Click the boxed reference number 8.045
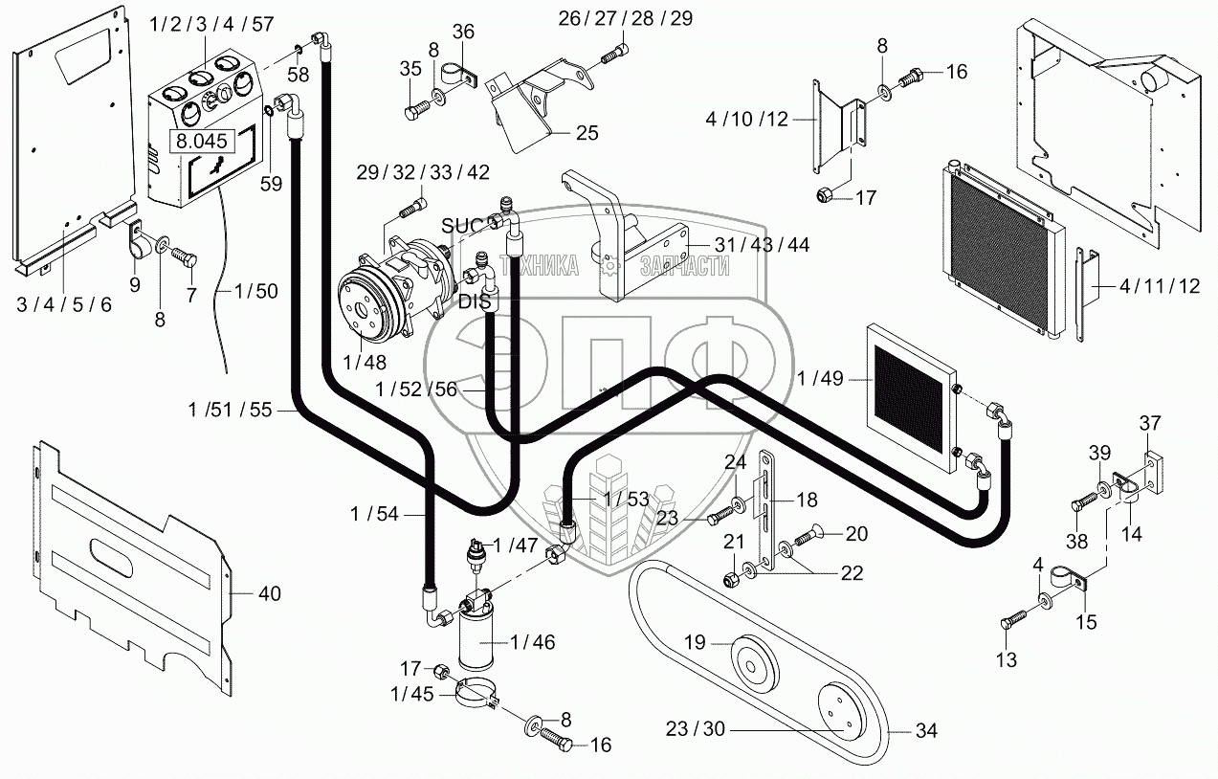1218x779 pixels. pyautogui.click(x=202, y=142)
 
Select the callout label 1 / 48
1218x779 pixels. pyautogui.click(x=365, y=363)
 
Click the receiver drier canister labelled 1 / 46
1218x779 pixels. pyautogui.click(x=476, y=639)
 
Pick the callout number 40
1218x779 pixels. pyautogui.click(x=270, y=593)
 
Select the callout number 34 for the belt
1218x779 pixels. pyautogui.click(x=926, y=730)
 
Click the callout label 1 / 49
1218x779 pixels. pyautogui.click(x=821, y=378)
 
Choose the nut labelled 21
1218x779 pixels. pyautogui.click(x=732, y=580)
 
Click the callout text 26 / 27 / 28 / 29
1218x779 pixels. pyautogui.click(x=626, y=18)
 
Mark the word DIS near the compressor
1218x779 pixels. pyautogui.click(x=475, y=301)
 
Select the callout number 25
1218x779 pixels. pyautogui.click(x=587, y=133)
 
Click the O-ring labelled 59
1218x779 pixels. pyautogui.click(x=269, y=112)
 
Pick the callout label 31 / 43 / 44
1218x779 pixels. pyautogui.click(x=763, y=245)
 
